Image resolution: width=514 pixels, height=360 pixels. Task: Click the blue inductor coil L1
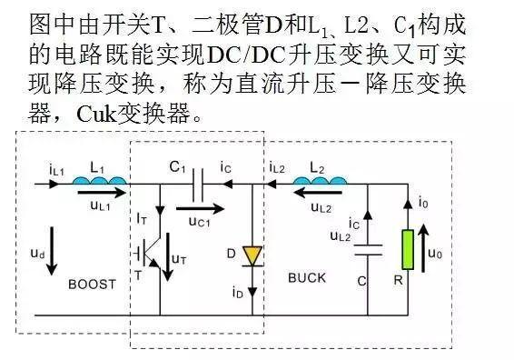coord(97,182)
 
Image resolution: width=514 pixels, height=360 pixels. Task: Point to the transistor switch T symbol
coord(153,252)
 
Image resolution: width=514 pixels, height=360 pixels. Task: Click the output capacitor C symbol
coord(365,249)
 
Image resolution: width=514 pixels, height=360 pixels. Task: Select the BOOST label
coord(93,284)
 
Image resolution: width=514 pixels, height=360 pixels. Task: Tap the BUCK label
coord(306,277)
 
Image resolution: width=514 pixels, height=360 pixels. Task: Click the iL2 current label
coord(279,167)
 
